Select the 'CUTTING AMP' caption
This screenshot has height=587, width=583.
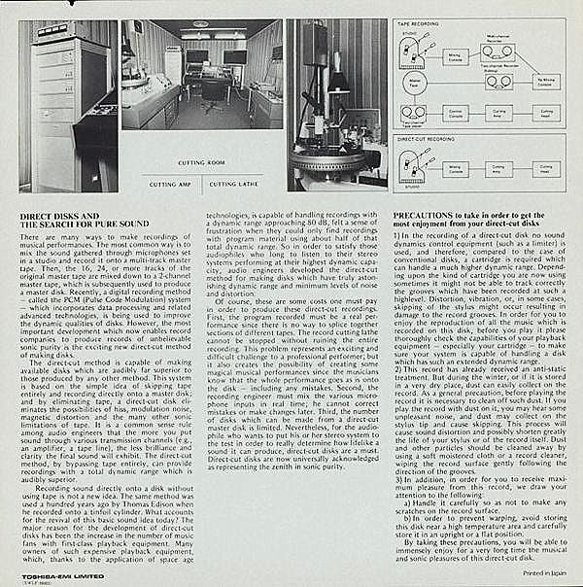point(170,182)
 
